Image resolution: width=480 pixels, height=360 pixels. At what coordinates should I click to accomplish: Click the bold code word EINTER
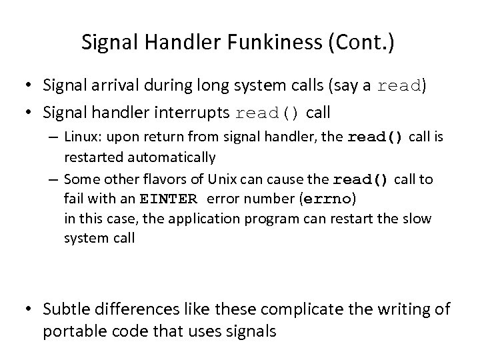point(169,199)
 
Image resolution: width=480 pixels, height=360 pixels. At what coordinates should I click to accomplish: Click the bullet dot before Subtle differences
point(30,309)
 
